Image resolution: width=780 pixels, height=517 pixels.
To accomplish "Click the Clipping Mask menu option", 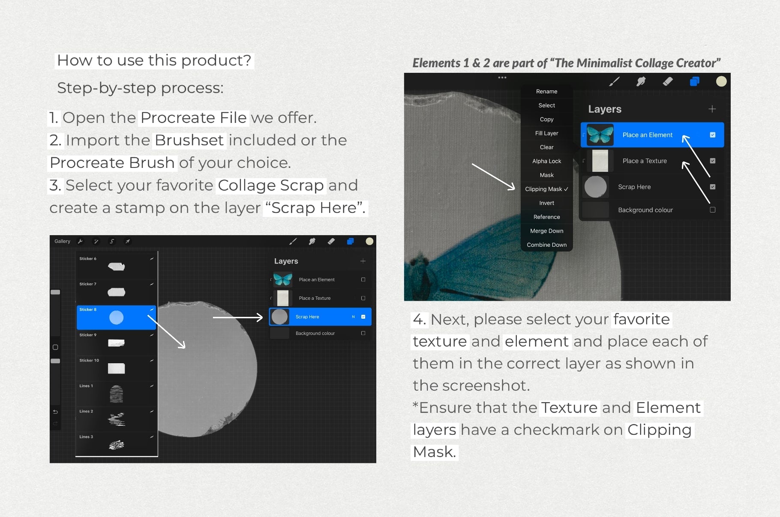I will tap(546, 189).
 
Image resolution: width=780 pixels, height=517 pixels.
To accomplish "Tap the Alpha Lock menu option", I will tap(546, 161).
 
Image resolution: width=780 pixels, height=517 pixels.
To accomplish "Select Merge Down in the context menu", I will tap(546, 231).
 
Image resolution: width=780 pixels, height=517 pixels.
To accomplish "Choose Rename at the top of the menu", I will tap(546, 91).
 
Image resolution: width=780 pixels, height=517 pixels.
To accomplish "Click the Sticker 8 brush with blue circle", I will tap(116, 317).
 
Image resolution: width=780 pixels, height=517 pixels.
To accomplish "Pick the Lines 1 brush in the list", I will tap(116, 393).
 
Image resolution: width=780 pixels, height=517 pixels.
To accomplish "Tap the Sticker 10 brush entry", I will tap(116, 368).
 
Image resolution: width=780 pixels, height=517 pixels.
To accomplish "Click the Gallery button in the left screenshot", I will tap(62, 241).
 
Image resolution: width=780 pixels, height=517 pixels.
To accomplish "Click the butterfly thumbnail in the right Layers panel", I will tap(600, 134).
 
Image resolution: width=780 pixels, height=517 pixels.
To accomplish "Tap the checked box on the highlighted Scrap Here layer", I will tap(363, 317).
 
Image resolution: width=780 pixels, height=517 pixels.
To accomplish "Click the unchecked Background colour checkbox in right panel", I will tap(712, 210).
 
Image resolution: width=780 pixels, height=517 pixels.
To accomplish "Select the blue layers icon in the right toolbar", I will tap(694, 81).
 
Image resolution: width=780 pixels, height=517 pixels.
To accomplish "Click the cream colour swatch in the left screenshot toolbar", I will tap(369, 241).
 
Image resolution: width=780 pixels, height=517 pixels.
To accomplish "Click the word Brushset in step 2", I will tap(189, 140).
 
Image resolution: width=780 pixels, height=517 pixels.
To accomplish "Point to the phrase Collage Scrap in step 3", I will tap(270, 185).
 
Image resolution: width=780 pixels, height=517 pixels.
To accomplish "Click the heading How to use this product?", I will tap(154, 60).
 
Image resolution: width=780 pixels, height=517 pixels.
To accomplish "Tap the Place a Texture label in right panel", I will tap(644, 161).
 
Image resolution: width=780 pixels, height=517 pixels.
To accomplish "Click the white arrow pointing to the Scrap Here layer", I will tap(237, 317).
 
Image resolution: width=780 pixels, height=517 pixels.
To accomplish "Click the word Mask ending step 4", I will tap(434, 452).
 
